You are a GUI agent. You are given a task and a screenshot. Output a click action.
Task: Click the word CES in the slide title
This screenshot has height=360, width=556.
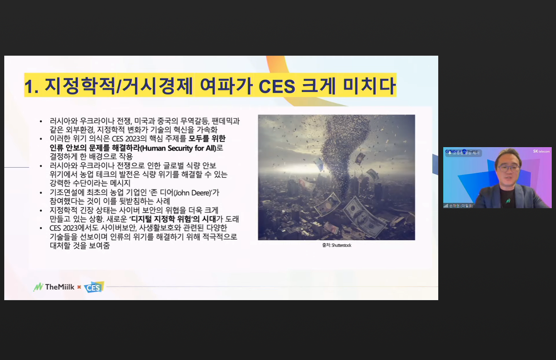point(276,86)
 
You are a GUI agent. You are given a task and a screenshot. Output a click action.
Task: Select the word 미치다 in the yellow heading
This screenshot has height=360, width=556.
point(370,86)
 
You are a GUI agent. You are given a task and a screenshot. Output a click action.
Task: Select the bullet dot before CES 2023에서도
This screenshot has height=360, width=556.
point(41,228)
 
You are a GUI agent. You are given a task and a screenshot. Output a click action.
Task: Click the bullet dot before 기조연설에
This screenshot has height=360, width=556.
point(41,193)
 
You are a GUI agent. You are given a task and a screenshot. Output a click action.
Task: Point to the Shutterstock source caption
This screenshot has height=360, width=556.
point(337,245)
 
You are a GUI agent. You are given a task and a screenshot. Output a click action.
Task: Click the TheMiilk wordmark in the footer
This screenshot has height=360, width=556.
point(59,287)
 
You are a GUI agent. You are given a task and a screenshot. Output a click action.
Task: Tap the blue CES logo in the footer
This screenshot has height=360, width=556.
point(94,287)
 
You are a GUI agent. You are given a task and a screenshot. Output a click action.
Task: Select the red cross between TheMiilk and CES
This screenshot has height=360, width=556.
point(79,287)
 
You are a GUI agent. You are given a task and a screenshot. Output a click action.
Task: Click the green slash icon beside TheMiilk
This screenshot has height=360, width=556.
point(38,287)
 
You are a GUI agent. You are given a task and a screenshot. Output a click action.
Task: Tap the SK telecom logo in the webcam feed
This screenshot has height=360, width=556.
point(541,151)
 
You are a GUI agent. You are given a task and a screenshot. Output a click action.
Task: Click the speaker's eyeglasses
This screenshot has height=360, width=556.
point(508,168)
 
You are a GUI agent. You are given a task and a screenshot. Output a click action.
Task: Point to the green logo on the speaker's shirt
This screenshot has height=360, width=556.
point(508,201)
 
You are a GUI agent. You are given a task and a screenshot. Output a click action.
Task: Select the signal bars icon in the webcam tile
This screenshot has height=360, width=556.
point(446,206)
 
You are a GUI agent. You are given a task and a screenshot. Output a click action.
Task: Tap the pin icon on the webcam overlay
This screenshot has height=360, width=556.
point(449,153)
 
